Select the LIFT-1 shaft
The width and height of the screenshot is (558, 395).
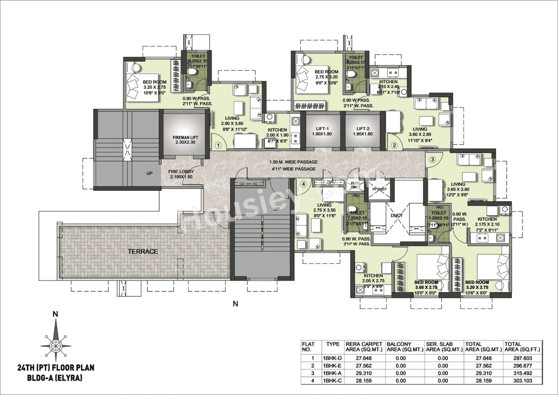[x=322, y=131]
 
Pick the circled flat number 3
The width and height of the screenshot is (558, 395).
[x=432, y=159]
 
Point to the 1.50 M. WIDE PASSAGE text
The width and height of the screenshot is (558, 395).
[x=293, y=162]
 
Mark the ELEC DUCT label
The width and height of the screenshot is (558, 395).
[x=356, y=185]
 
